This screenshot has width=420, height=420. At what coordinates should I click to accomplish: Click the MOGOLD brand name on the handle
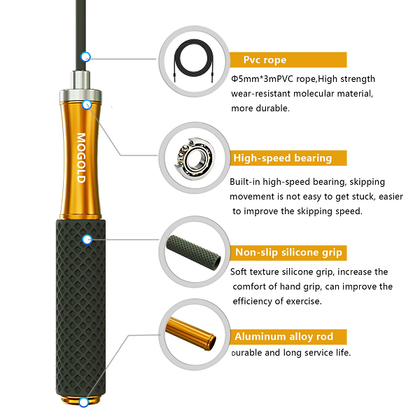(x=81, y=158)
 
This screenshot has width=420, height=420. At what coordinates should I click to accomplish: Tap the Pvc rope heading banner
(x=288, y=59)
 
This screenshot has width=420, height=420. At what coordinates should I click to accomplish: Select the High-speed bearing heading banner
(x=288, y=157)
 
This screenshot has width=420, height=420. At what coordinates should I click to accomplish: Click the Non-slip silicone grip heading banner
(x=288, y=253)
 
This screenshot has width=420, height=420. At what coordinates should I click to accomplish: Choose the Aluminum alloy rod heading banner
(x=288, y=337)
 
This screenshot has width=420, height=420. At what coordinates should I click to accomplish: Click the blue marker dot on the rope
(x=85, y=57)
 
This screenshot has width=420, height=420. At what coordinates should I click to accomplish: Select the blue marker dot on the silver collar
(x=87, y=105)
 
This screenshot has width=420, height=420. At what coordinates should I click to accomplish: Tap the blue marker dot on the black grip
(x=87, y=239)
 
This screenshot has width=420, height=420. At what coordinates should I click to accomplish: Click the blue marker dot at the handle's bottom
(x=84, y=402)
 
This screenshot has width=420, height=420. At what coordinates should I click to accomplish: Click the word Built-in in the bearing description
(x=246, y=181)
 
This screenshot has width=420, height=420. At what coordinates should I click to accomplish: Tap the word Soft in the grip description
(x=240, y=272)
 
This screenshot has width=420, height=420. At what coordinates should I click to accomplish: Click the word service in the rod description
(x=311, y=352)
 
